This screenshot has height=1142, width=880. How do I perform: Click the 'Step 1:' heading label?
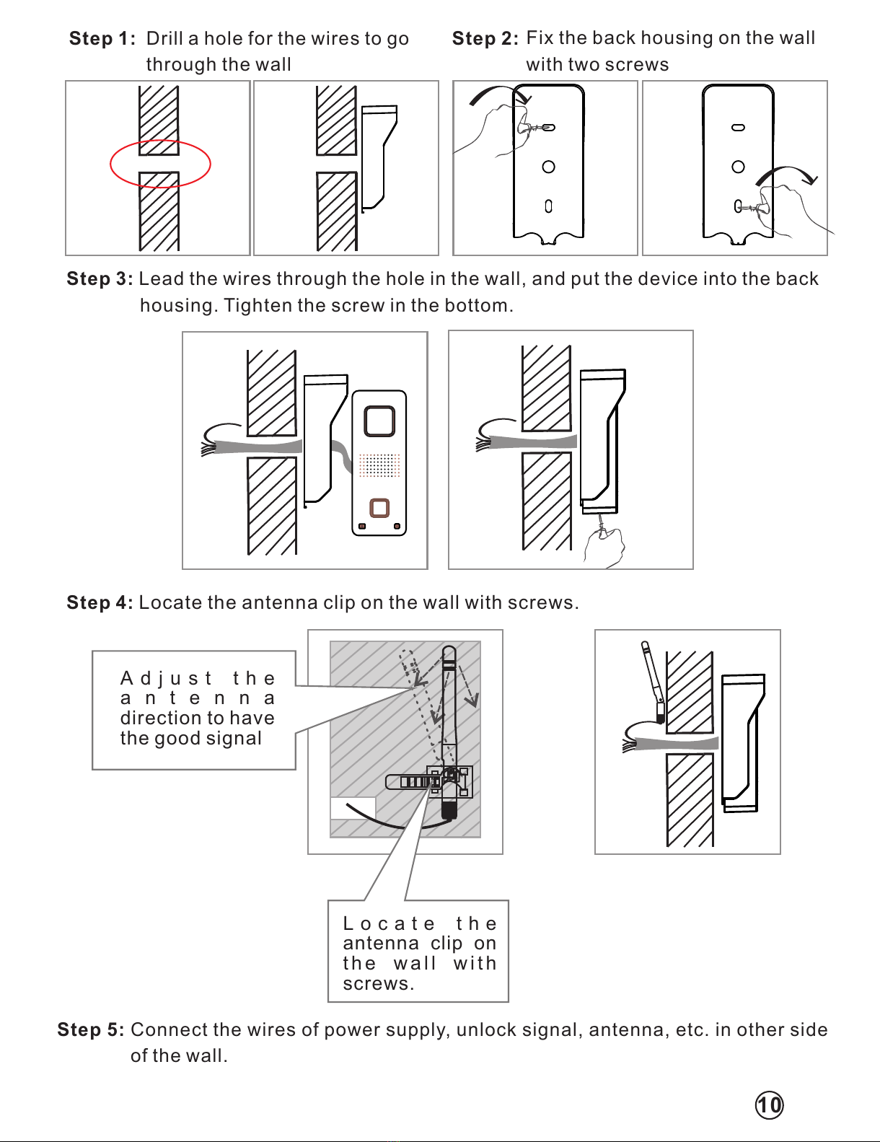point(102,39)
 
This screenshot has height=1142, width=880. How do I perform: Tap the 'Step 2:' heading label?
point(485,39)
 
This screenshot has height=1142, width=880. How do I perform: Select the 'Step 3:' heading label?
point(100,279)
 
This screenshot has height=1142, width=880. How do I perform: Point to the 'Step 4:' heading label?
point(100,603)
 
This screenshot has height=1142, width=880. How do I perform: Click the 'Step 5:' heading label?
point(91,1030)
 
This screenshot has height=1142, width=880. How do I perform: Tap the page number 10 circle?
point(769,1105)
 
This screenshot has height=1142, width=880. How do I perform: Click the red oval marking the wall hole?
point(160,164)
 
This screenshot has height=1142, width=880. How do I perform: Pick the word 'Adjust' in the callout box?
point(167,679)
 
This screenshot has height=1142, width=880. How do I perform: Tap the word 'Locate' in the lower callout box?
point(389,924)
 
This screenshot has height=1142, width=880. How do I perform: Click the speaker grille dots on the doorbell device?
point(379,465)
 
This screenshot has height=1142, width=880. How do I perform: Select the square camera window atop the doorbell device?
point(379,421)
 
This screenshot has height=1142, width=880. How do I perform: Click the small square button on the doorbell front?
point(379,508)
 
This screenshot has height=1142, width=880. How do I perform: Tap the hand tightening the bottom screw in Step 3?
point(604,549)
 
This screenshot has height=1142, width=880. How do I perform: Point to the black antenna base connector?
point(449,810)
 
